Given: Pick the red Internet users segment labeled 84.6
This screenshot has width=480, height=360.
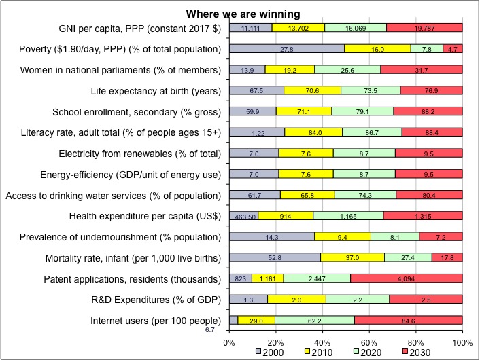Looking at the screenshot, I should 409,320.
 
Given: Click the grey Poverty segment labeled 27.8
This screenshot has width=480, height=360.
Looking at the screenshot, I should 287,49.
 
